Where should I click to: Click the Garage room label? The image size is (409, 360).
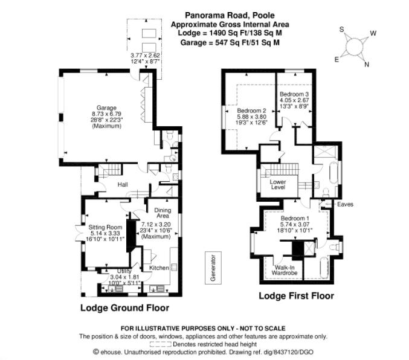[106, 108]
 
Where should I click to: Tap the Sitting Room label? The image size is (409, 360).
[105, 227]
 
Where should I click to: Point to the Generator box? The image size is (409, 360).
[213, 268]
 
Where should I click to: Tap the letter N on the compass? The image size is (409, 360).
[367, 65]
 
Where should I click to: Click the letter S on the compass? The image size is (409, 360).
[342, 29]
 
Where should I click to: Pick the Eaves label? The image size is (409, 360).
[345, 204]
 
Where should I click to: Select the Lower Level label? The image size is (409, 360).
[278, 184]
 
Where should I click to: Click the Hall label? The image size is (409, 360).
[123, 185]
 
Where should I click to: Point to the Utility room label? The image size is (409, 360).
[124, 271]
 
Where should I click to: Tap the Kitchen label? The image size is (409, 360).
[159, 268]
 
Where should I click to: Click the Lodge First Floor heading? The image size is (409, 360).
[296, 296]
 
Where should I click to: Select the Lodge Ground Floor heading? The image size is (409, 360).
[124, 308]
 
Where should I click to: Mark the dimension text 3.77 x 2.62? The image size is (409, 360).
[145, 56]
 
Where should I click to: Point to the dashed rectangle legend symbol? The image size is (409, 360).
[161, 344]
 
